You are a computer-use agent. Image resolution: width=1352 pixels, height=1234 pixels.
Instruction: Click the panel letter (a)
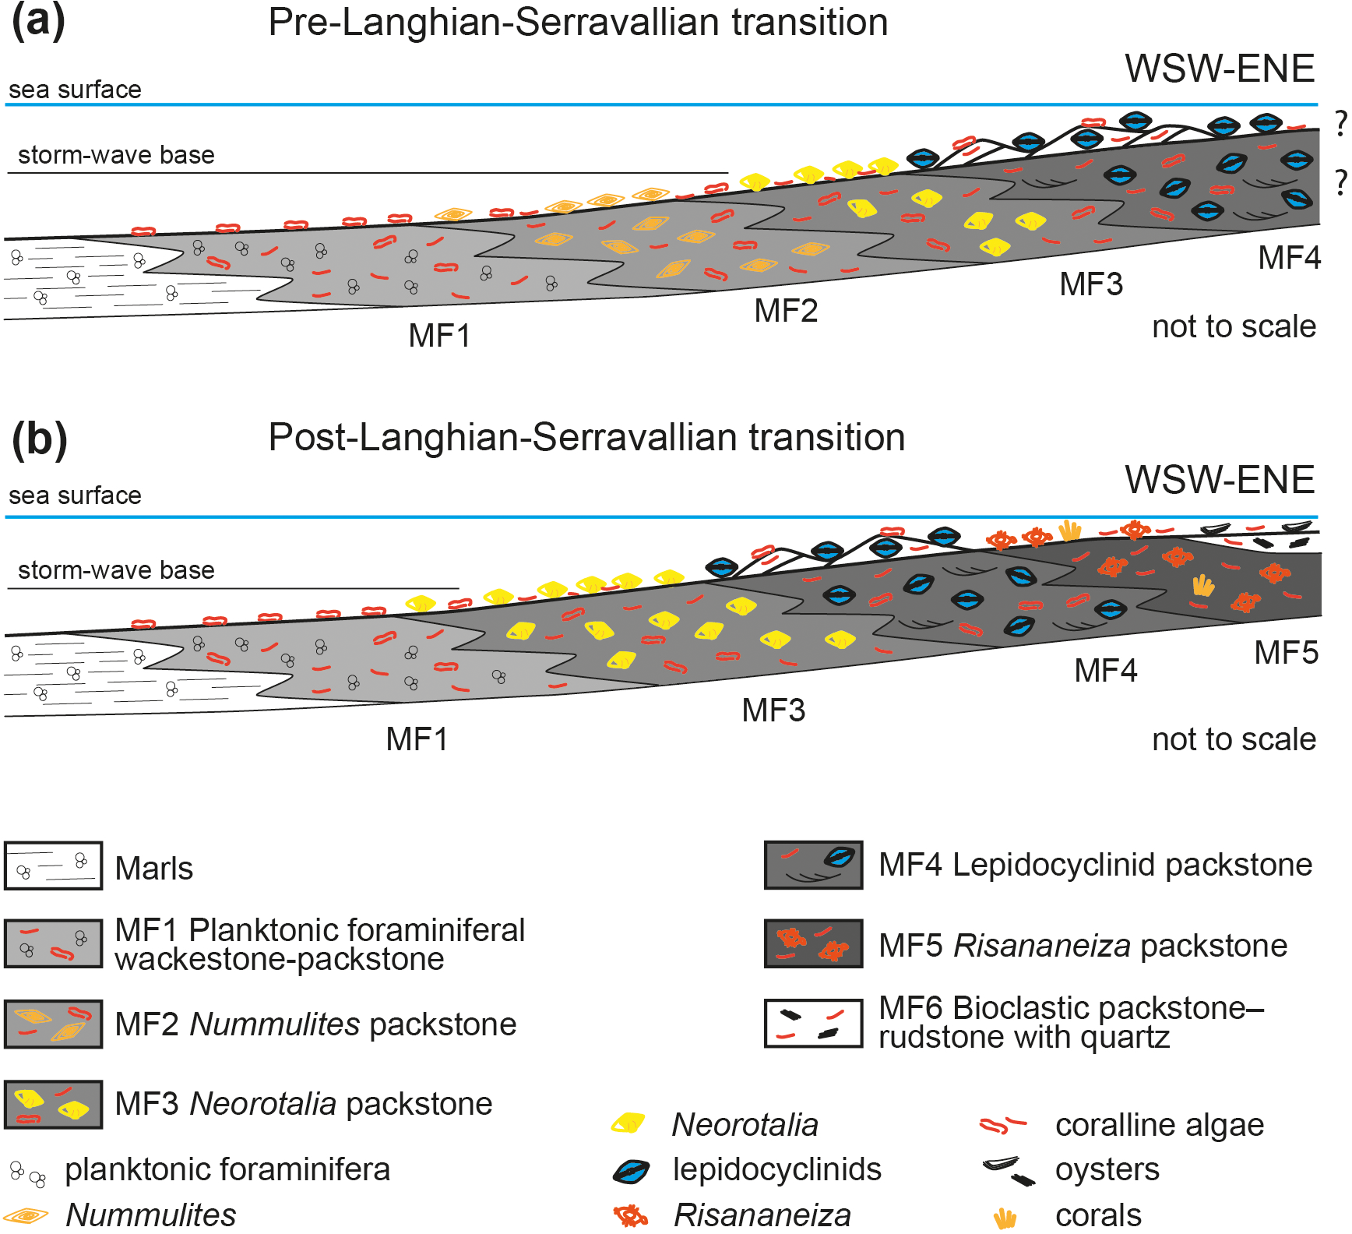pyautogui.click(x=38, y=23)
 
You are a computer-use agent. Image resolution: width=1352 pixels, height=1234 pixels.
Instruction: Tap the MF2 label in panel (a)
pyautogui.click(x=785, y=311)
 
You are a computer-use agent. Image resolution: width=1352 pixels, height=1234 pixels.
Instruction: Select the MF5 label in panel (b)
pyautogui.click(x=1286, y=653)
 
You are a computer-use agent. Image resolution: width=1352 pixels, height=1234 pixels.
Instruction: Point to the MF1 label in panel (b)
pyautogui.click(x=417, y=739)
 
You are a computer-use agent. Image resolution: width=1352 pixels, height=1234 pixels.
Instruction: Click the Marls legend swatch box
pyautogui.click(x=53, y=866)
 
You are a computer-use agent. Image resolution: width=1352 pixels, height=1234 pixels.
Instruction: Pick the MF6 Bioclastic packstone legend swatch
pyautogui.click(x=813, y=1024)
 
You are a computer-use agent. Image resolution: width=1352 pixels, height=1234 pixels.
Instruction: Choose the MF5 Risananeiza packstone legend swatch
pyautogui.click(x=813, y=943)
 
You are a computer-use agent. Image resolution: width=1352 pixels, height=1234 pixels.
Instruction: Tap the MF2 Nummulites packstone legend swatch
pyautogui.click(x=53, y=1024)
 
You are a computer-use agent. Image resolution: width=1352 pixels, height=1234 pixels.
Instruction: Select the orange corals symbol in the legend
pyautogui.click(x=1005, y=1217)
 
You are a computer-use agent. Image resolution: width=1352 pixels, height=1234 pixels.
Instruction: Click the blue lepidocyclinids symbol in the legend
pyautogui.click(x=631, y=1171)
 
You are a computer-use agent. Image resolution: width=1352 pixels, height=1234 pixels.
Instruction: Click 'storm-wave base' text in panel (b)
pyautogui.click(x=116, y=570)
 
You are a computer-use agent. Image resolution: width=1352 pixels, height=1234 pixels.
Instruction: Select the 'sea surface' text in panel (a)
pyautogui.click(x=75, y=90)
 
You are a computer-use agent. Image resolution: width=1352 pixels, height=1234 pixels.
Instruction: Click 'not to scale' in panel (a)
pyautogui.click(x=1234, y=326)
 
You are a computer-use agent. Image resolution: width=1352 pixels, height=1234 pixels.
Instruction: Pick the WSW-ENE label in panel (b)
pyautogui.click(x=1220, y=480)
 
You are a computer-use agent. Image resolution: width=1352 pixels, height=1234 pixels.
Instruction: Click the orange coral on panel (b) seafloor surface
pyautogui.click(x=1070, y=531)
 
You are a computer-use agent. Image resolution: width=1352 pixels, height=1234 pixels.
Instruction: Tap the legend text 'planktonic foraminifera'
pyautogui.click(x=227, y=1169)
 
